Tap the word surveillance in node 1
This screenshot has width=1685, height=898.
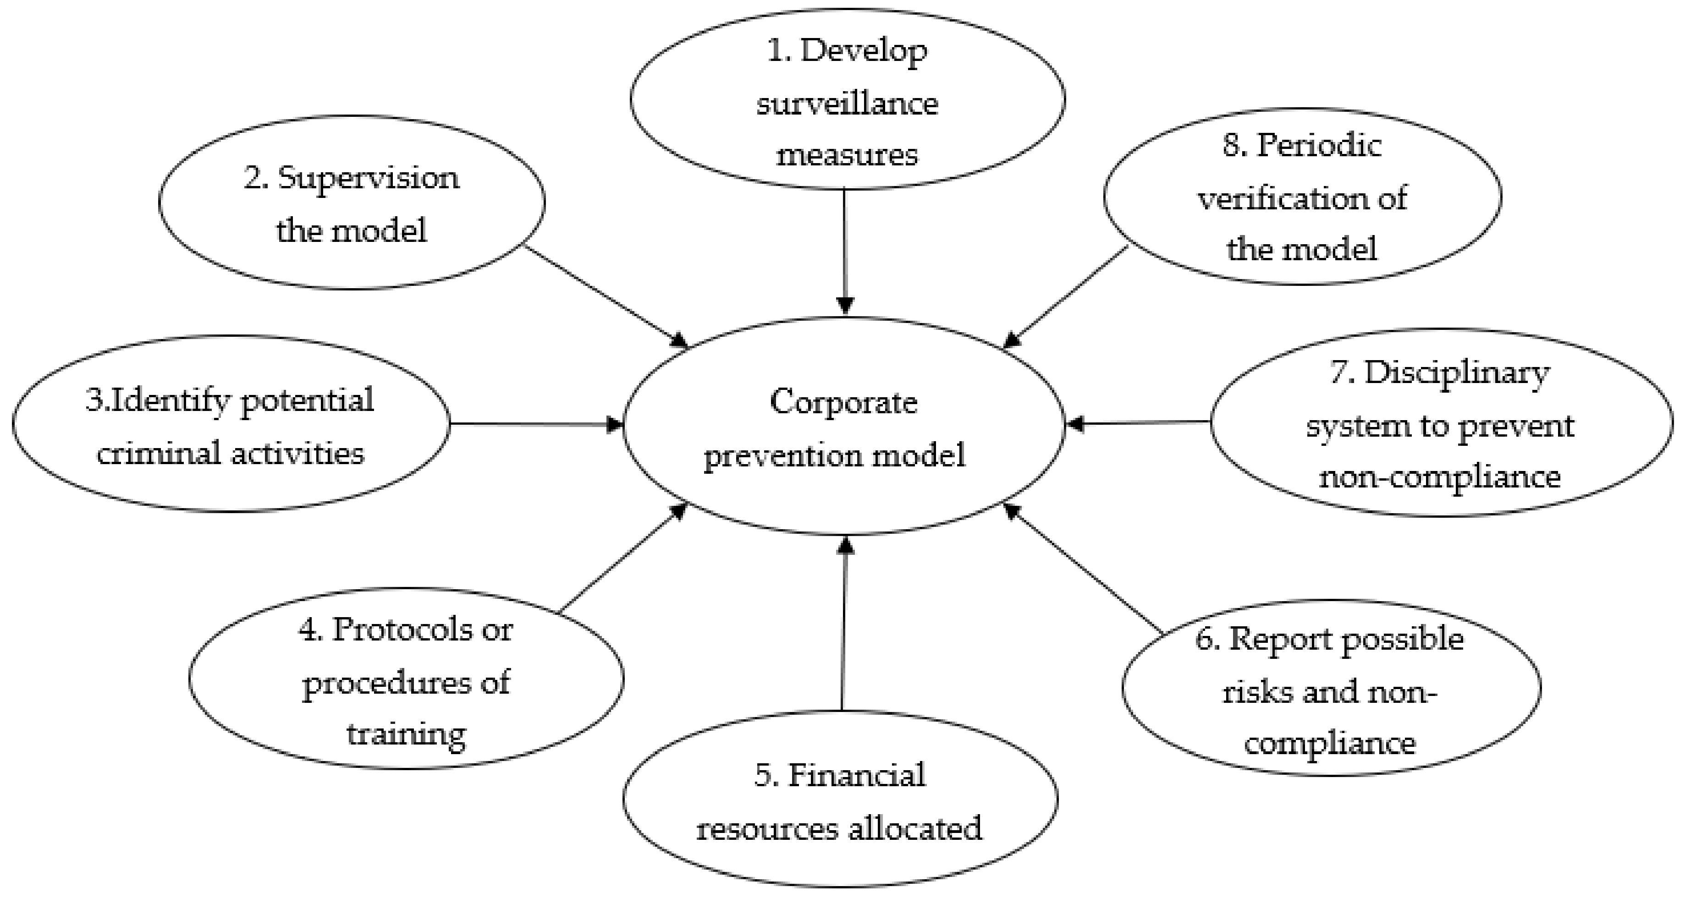847,104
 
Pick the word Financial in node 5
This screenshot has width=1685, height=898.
856,776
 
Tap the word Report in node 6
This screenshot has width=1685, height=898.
1282,640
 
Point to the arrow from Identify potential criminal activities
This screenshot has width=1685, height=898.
536,424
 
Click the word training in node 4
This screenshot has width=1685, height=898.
406,734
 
